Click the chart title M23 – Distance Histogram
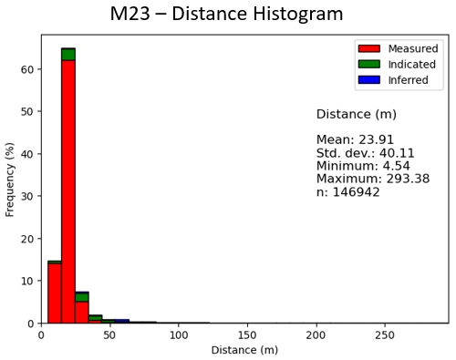pyautogui.click(x=226, y=15)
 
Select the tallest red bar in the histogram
pyautogui.click(x=68, y=191)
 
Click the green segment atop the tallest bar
pyautogui.click(x=68, y=54)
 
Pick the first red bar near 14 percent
pyautogui.click(x=55, y=293)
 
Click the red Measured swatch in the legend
pyautogui.click(x=368, y=48)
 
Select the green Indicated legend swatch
pyautogui.click(x=368, y=64)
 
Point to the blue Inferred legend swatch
pyautogui.click(x=368, y=79)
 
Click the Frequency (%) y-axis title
pyautogui.click(x=11, y=179)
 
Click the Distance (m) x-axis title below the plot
pyautogui.click(x=244, y=350)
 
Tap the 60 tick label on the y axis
pyautogui.click(x=28, y=69)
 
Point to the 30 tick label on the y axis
pyautogui.click(x=28, y=196)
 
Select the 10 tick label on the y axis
pyautogui.click(x=28, y=281)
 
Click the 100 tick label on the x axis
pyautogui.click(x=179, y=334)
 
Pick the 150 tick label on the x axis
pyautogui.click(x=247, y=334)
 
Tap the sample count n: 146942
pyautogui.click(x=347, y=192)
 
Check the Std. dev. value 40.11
pyautogui.click(x=393, y=153)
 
